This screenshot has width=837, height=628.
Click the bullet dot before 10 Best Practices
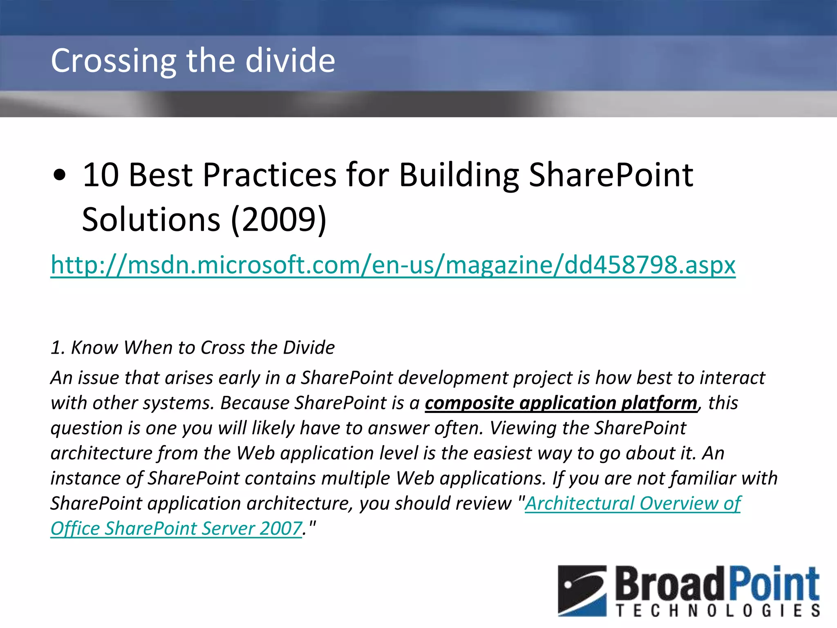tap(60, 175)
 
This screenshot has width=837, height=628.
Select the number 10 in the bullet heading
tap(101, 175)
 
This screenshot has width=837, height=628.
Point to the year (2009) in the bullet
tap(279, 220)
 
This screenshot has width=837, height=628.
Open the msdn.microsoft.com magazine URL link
tap(392, 265)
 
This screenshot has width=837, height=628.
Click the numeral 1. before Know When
tap(58, 348)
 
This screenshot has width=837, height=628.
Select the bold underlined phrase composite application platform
tap(561, 403)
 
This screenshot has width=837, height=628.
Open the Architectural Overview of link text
tap(633, 503)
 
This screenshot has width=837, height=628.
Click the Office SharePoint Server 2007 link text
tap(176, 529)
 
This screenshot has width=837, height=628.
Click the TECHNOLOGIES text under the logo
tap(718, 611)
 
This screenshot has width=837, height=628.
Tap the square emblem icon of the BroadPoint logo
tap(582, 590)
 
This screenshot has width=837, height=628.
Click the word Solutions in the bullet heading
tap(151, 220)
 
